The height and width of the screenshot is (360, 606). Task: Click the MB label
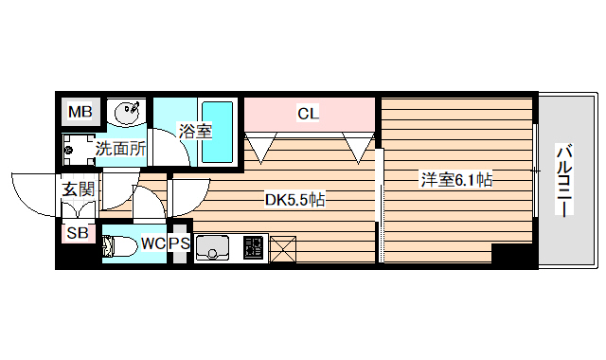[x=80, y=113]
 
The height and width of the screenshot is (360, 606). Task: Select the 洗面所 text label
[x=120, y=148]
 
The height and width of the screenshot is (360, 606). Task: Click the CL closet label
[x=309, y=114]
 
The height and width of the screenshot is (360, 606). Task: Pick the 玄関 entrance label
[x=79, y=189]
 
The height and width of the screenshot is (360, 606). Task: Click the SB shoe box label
[x=78, y=232]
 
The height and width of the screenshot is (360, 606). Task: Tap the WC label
[x=153, y=243]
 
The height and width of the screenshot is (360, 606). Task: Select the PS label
[x=179, y=243]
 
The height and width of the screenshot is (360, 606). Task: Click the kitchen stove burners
[x=254, y=248]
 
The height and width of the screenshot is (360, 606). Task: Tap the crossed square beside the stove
[x=283, y=249]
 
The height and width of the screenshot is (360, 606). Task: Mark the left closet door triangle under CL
[x=258, y=147]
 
